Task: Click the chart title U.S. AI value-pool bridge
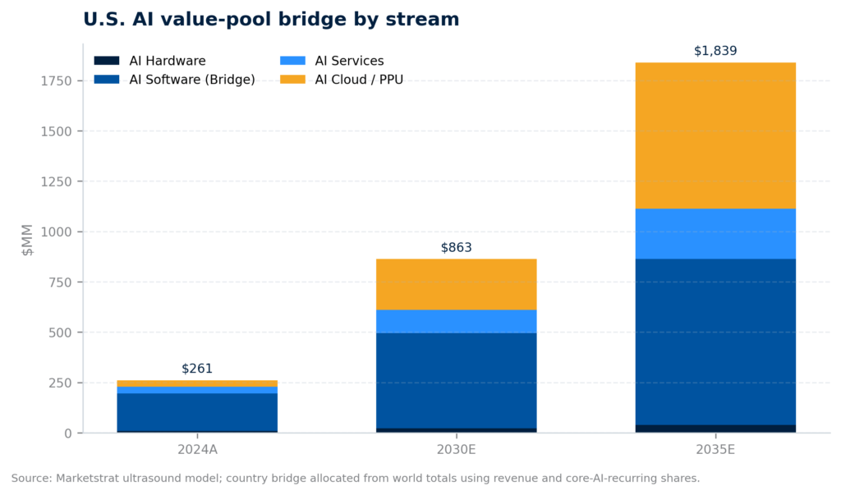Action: [x=271, y=19]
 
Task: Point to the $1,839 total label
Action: [x=715, y=51]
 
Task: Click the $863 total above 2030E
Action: [x=456, y=247]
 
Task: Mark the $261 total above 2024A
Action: [x=197, y=369]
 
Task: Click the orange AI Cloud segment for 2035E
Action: [x=715, y=135]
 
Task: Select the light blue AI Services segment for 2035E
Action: [x=715, y=234]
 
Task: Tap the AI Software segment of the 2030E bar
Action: [x=456, y=380]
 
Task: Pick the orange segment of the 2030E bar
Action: [x=456, y=284]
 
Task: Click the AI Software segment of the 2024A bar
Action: [x=197, y=411]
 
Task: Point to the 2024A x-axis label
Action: [x=197, y=450]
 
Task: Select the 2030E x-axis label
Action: [x=456, y=450]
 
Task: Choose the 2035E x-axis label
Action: [x=715, y=450]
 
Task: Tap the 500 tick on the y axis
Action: [x=62, y=332]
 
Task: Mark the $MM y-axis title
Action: [x=28, y=240]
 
